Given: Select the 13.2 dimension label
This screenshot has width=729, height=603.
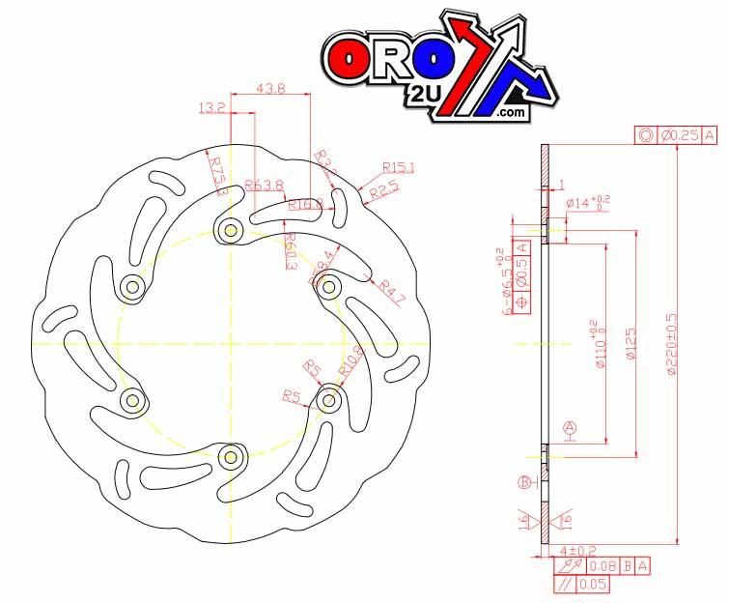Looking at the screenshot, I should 211,108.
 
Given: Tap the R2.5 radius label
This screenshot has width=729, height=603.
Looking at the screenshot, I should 383,192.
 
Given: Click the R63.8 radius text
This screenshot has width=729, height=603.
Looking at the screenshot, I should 264,185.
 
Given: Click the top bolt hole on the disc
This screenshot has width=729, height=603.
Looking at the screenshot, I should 230,230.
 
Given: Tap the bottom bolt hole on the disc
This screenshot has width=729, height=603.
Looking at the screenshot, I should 230,455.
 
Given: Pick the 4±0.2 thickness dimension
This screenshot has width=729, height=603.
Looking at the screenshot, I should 558,550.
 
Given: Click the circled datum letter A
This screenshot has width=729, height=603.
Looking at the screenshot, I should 569,426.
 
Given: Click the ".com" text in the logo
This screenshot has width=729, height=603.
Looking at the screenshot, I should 512,114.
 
